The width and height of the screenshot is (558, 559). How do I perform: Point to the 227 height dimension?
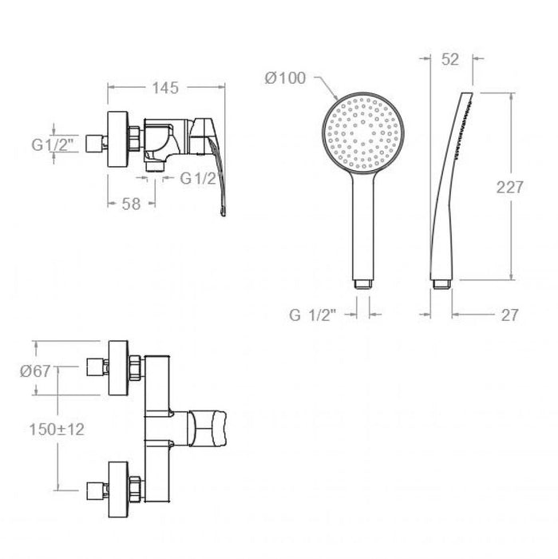[509, 187]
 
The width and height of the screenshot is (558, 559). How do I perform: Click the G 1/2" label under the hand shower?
[315, 315]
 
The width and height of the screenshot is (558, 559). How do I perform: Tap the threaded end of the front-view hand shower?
[364, 282]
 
